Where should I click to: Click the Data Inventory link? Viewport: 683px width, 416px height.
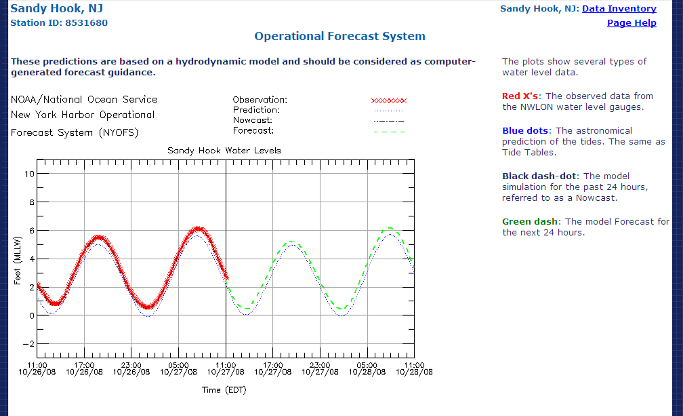[619, 9]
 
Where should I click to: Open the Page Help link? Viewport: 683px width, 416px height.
[632, 23]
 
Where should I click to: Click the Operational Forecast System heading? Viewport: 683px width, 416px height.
[339, 37]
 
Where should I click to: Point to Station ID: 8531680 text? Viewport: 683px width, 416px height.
[59, 23]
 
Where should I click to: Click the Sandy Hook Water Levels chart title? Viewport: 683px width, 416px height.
[224, 150]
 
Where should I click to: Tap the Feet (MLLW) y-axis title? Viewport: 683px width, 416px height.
[18, 267]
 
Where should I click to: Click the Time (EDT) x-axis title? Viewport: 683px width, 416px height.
[224, 390]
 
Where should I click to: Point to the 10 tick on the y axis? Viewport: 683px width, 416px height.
[28, 174]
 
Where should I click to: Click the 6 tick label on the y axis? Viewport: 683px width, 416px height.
[30, 231]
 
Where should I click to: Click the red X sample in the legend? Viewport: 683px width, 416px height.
[388, 100]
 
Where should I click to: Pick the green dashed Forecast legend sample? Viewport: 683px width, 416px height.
[388, 131]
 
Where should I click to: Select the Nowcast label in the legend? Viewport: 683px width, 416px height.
[253, 120]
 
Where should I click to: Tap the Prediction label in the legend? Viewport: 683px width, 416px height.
[256, 110]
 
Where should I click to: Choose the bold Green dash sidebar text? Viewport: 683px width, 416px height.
[531, 221]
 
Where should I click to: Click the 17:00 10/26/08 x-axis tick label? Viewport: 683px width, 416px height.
[85, 368]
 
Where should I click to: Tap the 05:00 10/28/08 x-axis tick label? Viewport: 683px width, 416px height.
[367, 368]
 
